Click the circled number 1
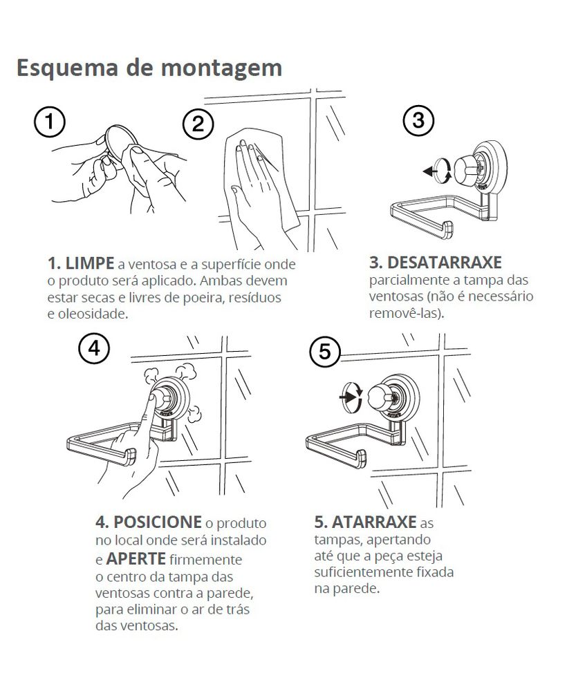(49, 122)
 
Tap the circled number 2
(198, 124)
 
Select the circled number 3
(418, 120)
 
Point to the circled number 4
(94, 349)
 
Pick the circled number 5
(324, 352)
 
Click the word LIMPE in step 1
(89, 263)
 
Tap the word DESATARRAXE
(445, 263)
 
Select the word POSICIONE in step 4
(158, 522)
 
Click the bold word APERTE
(136, 559)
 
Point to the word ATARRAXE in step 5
(374, 522)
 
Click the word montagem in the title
(221, 69)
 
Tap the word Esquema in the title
(68, 68)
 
